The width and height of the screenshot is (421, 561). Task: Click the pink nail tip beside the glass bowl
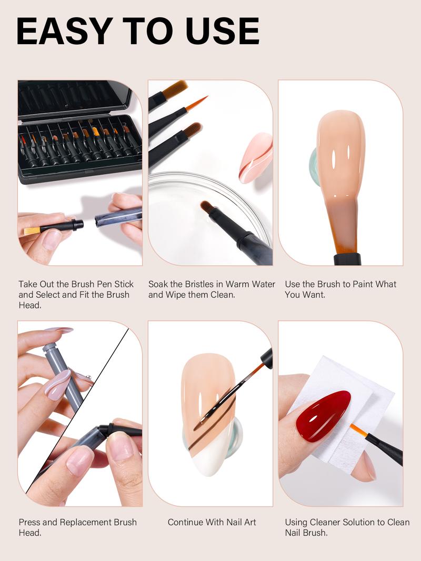tap(255, 157)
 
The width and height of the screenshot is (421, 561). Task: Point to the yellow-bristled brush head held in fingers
tap(32, 230)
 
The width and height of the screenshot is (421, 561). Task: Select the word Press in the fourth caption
tap(30, 522)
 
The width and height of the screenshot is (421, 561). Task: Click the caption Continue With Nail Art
tap(212, 522)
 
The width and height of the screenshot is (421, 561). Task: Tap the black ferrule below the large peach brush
tap(347, 258)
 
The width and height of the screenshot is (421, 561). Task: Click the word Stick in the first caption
tap(123, 284)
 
